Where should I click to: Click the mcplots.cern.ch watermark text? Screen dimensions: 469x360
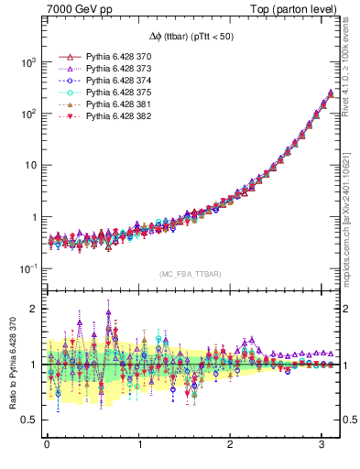(x=350, y=215)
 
